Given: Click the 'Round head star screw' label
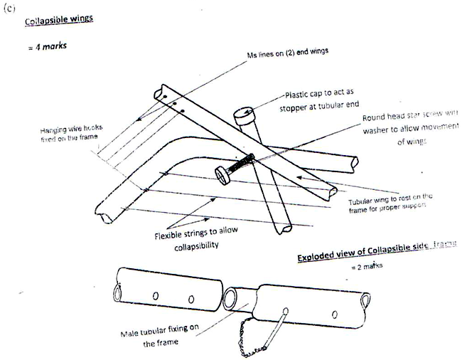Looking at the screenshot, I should pos(404,117).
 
